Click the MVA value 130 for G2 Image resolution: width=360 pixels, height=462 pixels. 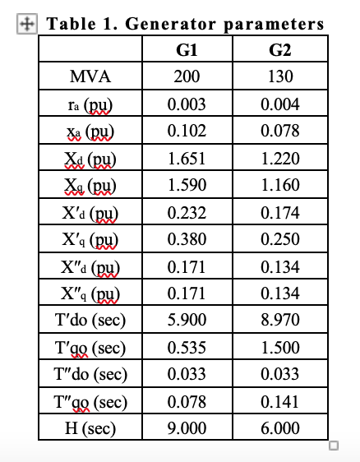pyautogui.click(x=280, y=77)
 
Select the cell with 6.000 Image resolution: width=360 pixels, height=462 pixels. pyautogui.click(x=280, y=428)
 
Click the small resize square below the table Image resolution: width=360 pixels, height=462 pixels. pyautogui.click(x=333, y=446)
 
